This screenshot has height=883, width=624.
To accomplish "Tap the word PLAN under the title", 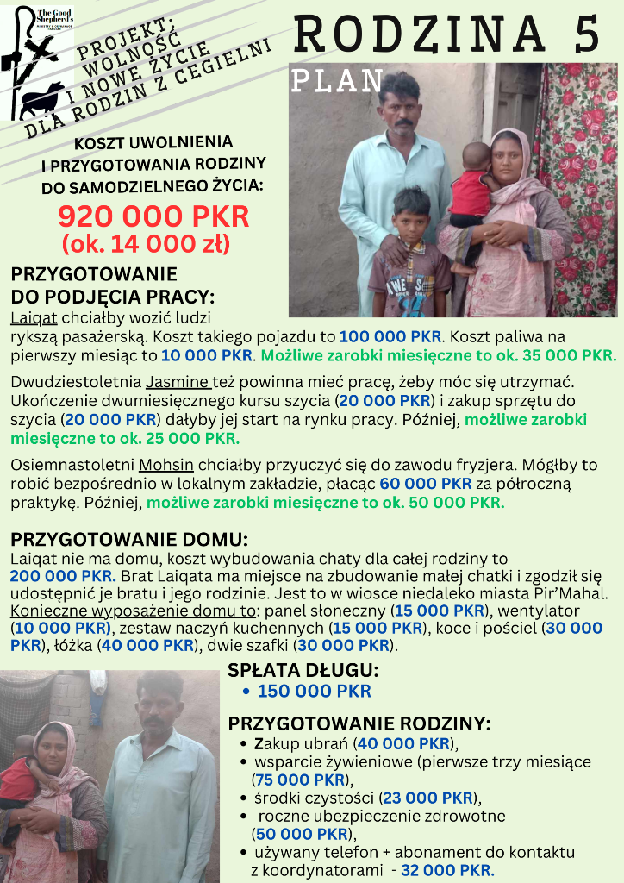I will point(337,81).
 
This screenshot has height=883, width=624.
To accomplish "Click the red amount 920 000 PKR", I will point(153,216).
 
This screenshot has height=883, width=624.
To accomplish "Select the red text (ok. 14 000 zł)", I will point(146,244).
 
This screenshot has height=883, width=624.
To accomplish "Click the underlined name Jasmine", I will point(178,381).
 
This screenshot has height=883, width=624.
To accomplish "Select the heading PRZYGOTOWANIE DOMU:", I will point(129,541).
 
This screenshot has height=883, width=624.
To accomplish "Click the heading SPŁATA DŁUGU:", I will point(303,670).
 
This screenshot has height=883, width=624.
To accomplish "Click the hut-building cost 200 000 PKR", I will point(63,575).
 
